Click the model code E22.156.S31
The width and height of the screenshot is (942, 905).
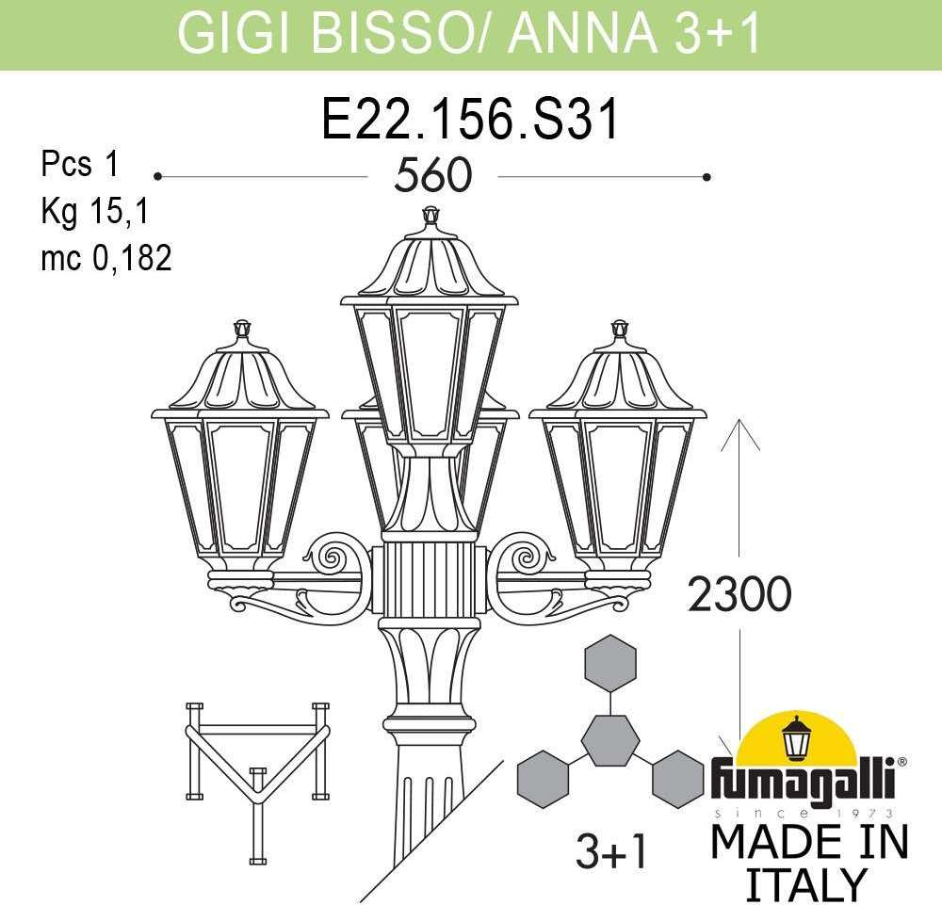(470, 120)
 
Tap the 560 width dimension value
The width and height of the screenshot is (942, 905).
(432, 175)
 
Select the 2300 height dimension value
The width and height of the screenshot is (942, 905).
(739, 593)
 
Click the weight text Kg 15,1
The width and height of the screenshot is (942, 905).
(94, 211)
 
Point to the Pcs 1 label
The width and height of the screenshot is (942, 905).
(80, 163)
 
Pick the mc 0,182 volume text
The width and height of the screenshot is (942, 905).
(106, 258)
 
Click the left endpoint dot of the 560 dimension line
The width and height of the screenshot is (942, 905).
(158, 176)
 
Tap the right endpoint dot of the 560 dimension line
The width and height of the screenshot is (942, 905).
(706, 177)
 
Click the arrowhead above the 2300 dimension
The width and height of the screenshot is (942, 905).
(739, 433)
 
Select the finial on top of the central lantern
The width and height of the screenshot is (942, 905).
(429, 217)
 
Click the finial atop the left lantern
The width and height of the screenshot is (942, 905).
(241, 329)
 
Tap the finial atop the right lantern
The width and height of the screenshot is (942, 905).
(618, 329)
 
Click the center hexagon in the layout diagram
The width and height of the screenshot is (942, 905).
(610, 740)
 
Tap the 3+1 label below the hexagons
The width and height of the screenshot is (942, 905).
(611, 851)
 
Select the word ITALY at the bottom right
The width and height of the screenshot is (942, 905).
(805, 884)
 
